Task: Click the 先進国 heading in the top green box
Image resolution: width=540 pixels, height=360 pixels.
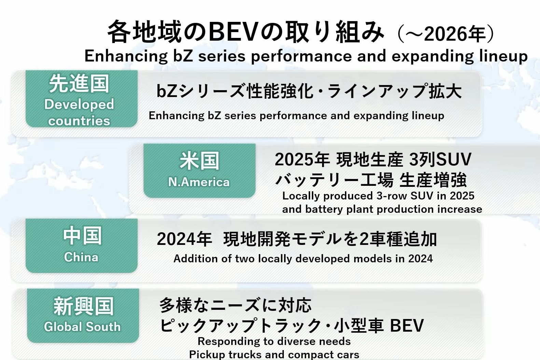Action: tap(79, 84)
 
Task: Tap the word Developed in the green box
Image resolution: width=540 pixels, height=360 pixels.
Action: tap(79, 105)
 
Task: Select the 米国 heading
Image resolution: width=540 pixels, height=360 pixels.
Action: tap(199, 161)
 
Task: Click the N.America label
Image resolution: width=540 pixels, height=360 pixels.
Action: tap(199, 182)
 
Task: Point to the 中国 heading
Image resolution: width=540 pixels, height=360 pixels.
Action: tap(82, 236)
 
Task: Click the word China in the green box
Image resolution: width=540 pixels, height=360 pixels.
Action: tap(81, 257)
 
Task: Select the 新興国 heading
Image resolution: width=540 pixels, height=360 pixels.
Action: tap(83, 306)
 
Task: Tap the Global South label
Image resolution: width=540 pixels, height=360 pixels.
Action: tap(82, 327)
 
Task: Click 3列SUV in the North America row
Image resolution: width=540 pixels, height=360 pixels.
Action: tap(440, 160)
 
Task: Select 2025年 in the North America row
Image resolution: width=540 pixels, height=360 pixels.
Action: tap(302, 160)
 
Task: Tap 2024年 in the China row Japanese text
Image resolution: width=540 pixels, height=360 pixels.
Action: tap(184, 239)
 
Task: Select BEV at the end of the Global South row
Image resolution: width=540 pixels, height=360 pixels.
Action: tap(407, 325)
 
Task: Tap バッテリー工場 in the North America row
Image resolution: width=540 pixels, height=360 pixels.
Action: tap(334, 180)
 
